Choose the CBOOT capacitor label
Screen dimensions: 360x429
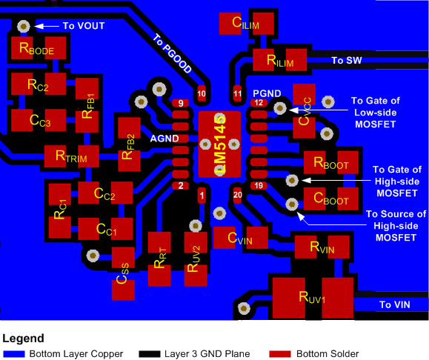[x=331, y=199]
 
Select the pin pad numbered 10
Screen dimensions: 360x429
[x=202, y=93]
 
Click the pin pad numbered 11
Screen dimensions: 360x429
[x=237, y=94]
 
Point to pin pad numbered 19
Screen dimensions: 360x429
[x=259, y=185]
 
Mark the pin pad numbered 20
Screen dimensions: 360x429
[x=237, y=196]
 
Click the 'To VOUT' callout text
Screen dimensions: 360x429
[x=83, y=26]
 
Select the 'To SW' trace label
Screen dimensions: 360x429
[x=345, y=61]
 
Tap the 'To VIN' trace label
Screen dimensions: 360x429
[x=395, y=304]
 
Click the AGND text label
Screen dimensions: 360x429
[x=164, y=139]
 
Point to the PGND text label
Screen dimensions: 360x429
[x=267, y=93]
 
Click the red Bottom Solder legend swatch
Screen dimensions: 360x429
[x=280, y=353]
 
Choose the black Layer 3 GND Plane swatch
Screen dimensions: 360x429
[x=155, y=353]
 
